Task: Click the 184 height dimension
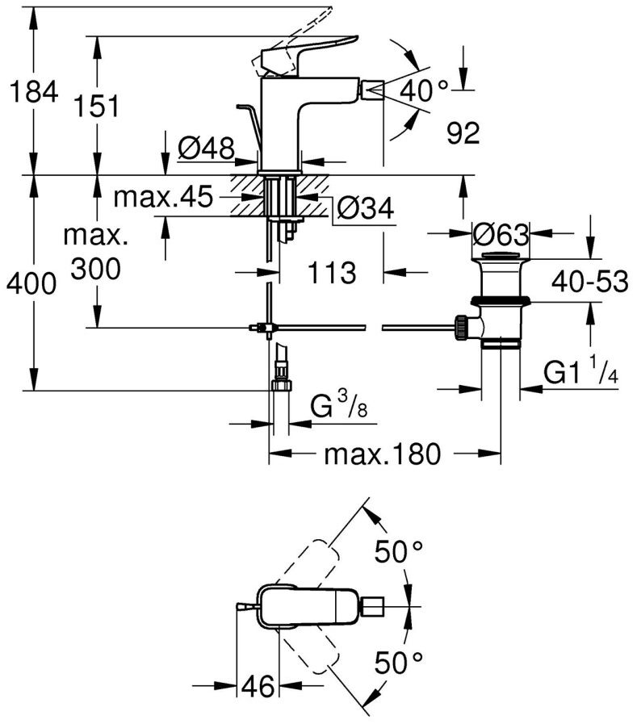click(33, 93)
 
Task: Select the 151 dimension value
click(98, 105)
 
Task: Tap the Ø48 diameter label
click(206, 148)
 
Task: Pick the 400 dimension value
click(30, 284)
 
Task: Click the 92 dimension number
click(463, 133)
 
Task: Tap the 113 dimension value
click(331, 273)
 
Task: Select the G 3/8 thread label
click(339, 408)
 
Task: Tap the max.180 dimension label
click(383, 455)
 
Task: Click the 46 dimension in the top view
click(258, 687)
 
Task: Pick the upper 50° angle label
click(398, 553)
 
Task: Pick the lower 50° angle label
click(398, 663)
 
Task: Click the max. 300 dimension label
click(97, 253)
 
